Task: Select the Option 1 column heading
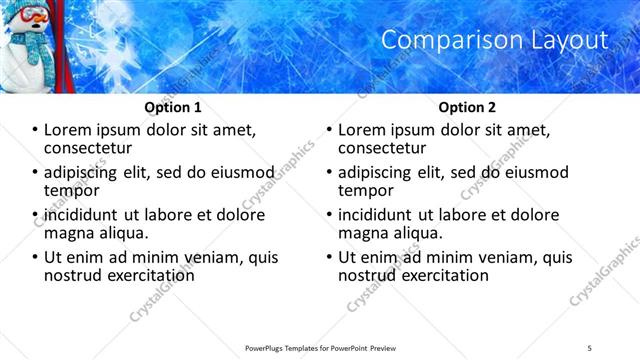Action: click(x=173, y=106)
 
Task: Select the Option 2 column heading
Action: click(x=467, y=106)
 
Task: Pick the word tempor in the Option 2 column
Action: click(x=365, y=190)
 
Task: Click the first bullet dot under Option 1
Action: click(x=34, y=130)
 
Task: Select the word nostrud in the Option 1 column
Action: click(x=73, y=275)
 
